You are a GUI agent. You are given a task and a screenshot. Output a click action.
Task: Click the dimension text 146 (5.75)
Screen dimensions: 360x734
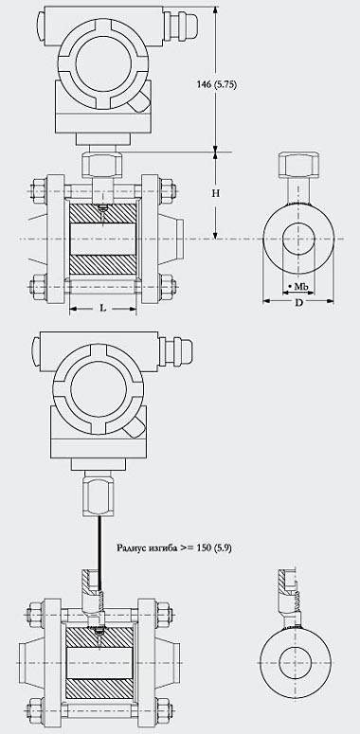216,84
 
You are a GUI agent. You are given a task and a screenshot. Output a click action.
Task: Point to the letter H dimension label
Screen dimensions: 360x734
215,193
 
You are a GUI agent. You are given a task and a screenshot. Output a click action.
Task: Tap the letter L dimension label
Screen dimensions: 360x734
103,308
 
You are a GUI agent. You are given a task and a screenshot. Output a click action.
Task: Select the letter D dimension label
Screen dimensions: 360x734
298,302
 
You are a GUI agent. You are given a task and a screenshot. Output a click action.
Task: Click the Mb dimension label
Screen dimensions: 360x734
298,285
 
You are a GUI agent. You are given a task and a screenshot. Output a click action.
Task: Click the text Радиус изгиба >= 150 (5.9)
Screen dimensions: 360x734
173,547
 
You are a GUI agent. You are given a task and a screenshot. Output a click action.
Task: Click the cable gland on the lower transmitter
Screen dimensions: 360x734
176,351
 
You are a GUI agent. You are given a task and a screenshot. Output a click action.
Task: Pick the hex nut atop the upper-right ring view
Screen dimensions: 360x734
298,165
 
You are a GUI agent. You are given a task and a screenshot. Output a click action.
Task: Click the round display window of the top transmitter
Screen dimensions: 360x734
103,64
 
